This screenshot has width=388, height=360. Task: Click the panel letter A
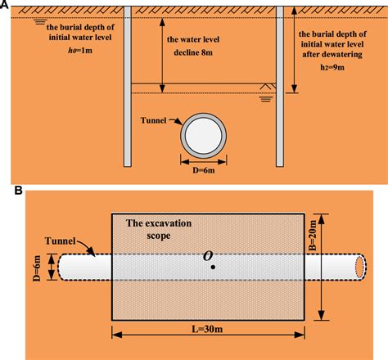5,5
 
